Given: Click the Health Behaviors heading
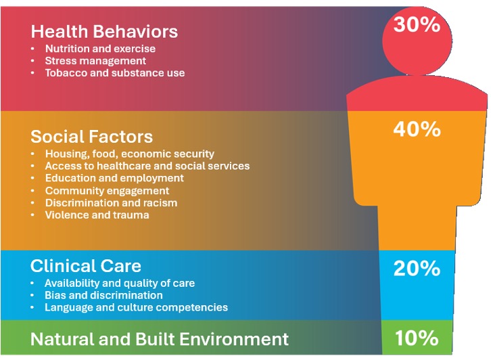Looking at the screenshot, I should pos(104,31).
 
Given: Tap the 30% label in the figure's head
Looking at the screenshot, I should pos(417,25).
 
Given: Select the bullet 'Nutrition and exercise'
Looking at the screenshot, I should pos(100,49).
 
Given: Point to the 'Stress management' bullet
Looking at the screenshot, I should pos(95,61).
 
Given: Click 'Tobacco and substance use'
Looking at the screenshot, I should pos(114,73).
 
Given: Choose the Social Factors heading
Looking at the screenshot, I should pos(91,137).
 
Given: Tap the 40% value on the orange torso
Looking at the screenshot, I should pos(417,129).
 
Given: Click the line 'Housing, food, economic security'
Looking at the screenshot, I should pos(129,154).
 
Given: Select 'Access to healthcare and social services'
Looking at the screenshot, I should pos(147,166).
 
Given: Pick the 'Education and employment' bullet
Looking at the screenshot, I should pos(114,178).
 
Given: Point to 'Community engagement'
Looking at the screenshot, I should pos(107,191).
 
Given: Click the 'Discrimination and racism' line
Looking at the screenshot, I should pos(111,203).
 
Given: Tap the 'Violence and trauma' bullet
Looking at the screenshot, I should pos(97,215).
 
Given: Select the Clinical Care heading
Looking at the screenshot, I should pos(86,265).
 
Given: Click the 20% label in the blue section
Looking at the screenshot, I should pos(417,269).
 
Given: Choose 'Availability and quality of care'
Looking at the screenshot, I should pos(120,283).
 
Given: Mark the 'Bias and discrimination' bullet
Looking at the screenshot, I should pos(103,295).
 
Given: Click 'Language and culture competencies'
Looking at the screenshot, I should pos(136,307).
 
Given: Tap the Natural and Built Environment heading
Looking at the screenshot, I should pos(160,338).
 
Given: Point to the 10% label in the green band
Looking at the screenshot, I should pos(417,337).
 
